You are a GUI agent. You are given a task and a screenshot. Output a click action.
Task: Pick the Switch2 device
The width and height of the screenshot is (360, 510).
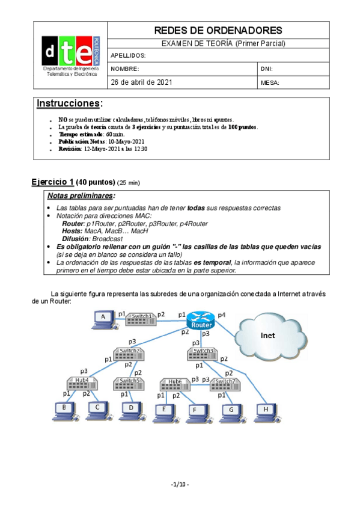(x=129, y=354)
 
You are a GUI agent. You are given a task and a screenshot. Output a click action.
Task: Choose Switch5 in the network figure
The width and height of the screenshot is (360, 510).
(x=129, y=382)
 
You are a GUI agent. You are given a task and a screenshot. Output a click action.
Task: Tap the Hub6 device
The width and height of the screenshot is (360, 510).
(x=175, y=384)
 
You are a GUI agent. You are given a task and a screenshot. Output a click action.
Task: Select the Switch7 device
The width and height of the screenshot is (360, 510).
(x=224, y=384)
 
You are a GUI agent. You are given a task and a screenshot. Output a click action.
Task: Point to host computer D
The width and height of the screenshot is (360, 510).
(x=130, y=410)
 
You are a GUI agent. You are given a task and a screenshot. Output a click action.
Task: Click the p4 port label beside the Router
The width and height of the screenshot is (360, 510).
(x=222, y=315)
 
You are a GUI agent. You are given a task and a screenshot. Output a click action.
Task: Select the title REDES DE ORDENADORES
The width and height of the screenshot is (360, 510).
(x=218, y=30)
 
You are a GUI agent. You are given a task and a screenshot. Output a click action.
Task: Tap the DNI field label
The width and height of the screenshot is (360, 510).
(x=267, y=69)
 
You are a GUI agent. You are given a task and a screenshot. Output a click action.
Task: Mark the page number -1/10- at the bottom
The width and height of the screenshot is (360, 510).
(x=180, y=484)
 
